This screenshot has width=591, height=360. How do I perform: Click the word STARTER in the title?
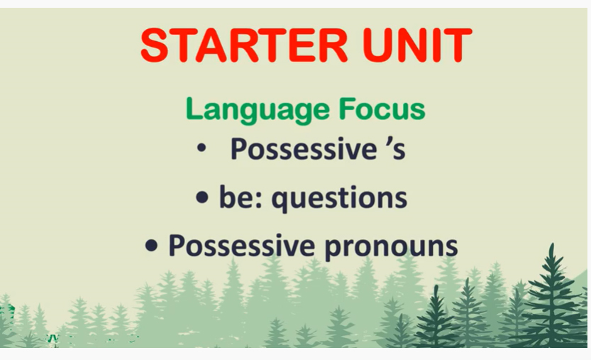coord(244,45)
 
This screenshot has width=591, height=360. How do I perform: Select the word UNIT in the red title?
coord(417,45)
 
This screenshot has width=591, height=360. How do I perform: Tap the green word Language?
coord(258,110)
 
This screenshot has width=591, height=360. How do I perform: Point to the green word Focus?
coord(382,109)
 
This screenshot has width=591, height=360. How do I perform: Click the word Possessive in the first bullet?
coord(304,148)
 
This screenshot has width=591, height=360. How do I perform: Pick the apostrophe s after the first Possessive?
coord(396,148)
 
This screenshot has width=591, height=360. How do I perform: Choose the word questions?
coord(339,198)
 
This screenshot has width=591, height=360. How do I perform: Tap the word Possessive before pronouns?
coord(242,245)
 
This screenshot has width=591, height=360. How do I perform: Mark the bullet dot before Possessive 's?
coord(201,148)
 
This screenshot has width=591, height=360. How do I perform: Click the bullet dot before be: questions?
coord(202,197)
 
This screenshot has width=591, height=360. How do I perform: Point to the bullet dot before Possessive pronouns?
coord(151,246)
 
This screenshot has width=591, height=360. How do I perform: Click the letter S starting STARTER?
coord(155,45)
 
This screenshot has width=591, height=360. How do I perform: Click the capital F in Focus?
coord(346,109)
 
